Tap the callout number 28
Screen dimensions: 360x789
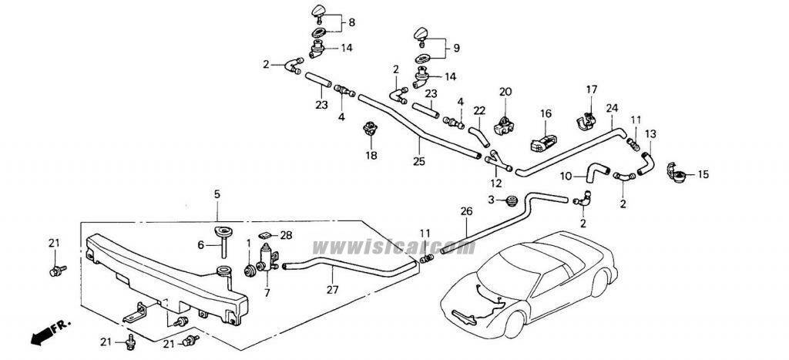coord(287,234)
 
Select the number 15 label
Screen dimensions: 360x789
coord(703,175)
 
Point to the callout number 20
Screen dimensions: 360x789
coord(505,93)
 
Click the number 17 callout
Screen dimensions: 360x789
coord(591,89)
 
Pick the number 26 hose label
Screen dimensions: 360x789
coord(465,210)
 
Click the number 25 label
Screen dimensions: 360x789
coord(418,162)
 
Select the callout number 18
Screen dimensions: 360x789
coord(371,155)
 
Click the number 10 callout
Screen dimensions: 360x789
coord(566,177)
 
